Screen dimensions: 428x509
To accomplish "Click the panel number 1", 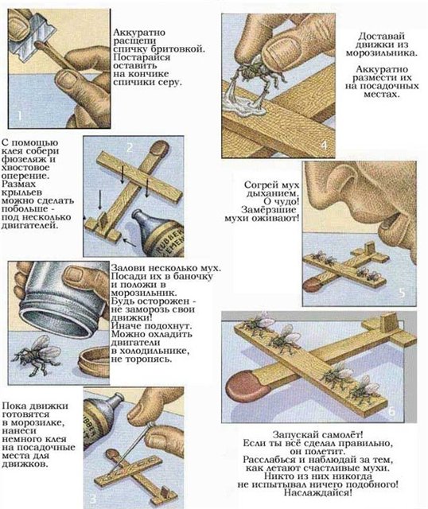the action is [19, 115].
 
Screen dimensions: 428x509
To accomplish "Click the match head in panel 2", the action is [158, 149].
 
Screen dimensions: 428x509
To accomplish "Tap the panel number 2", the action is [129, 148].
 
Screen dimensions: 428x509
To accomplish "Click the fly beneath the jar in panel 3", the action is [35, 355].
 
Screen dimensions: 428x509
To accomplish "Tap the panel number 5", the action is [402, 293].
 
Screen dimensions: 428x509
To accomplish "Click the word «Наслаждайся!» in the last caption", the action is [318, 493].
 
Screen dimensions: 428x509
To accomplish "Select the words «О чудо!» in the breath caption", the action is [281, 201].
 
